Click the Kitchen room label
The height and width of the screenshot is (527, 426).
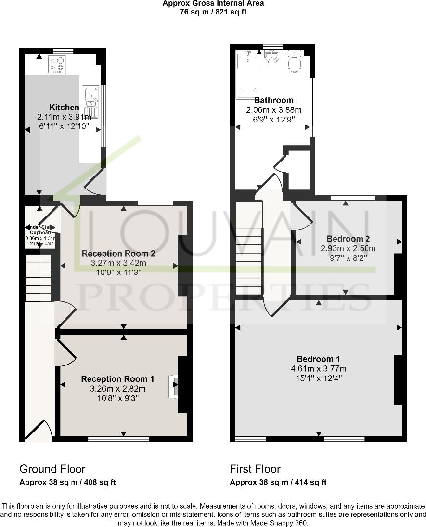coord(64,107)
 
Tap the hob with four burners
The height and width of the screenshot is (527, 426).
coord(57,65)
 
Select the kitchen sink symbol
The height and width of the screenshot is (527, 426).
coord(90,102)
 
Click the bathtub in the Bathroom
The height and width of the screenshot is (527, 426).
coord(248,75)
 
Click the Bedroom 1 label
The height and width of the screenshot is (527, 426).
coord(319,359)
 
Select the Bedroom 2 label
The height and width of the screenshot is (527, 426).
coord(348,239)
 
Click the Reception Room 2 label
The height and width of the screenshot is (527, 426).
coord(118,253)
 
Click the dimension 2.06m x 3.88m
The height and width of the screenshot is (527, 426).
coord(273,110)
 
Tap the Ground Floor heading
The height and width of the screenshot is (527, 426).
coord(52,469)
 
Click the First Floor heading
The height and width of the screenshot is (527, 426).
coord(255,469)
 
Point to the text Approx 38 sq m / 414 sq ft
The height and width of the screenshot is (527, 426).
coord(278,482)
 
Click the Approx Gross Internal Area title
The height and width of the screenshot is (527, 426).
coord(213,3)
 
